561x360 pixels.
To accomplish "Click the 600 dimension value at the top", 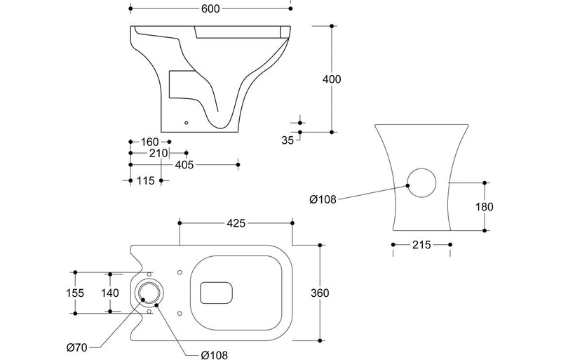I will coord(210,8).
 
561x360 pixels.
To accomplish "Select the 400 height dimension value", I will coord(332,79).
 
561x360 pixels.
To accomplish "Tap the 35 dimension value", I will coord(288,140).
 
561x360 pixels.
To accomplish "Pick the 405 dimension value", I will coord(184,165).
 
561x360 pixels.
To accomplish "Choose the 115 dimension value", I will coord(145,180).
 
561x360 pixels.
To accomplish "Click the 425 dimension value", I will coord(236,223).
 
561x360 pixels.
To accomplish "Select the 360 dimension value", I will coord(320,293).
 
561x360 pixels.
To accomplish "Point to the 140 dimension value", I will coord(111,293).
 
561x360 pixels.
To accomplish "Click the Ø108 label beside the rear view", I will coord(323,199).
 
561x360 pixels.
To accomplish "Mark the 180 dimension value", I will coord(484,206).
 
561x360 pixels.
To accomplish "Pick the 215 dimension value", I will coord(421,245).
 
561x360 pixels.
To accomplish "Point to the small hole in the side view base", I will coord(186,124).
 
